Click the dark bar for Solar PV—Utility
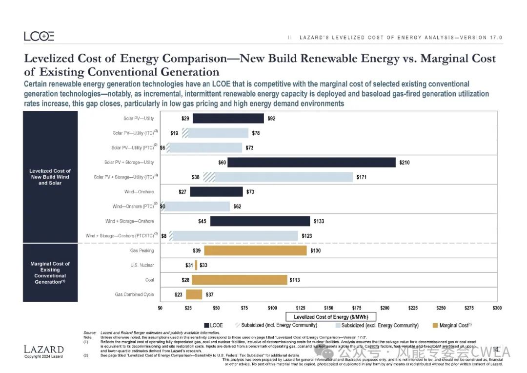click(228, 119)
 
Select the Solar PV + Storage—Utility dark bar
click(311, 163)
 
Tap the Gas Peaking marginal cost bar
click(255, 250)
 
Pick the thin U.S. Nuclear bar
click(196, 265)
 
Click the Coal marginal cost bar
click(239, 280)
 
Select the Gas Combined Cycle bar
click(194, 294)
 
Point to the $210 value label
click(405, 163)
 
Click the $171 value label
click(362, 177)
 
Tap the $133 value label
click(319, 221)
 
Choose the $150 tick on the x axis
click(328, 308)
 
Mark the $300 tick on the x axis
click(497, 308)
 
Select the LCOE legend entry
click(214, 325)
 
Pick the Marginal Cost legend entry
click(452, 325)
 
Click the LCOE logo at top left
click(39, 36)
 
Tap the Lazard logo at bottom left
click(43, 349)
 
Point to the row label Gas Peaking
click(142, 250)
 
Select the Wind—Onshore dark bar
click(216, 192)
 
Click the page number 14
click(495, 349)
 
